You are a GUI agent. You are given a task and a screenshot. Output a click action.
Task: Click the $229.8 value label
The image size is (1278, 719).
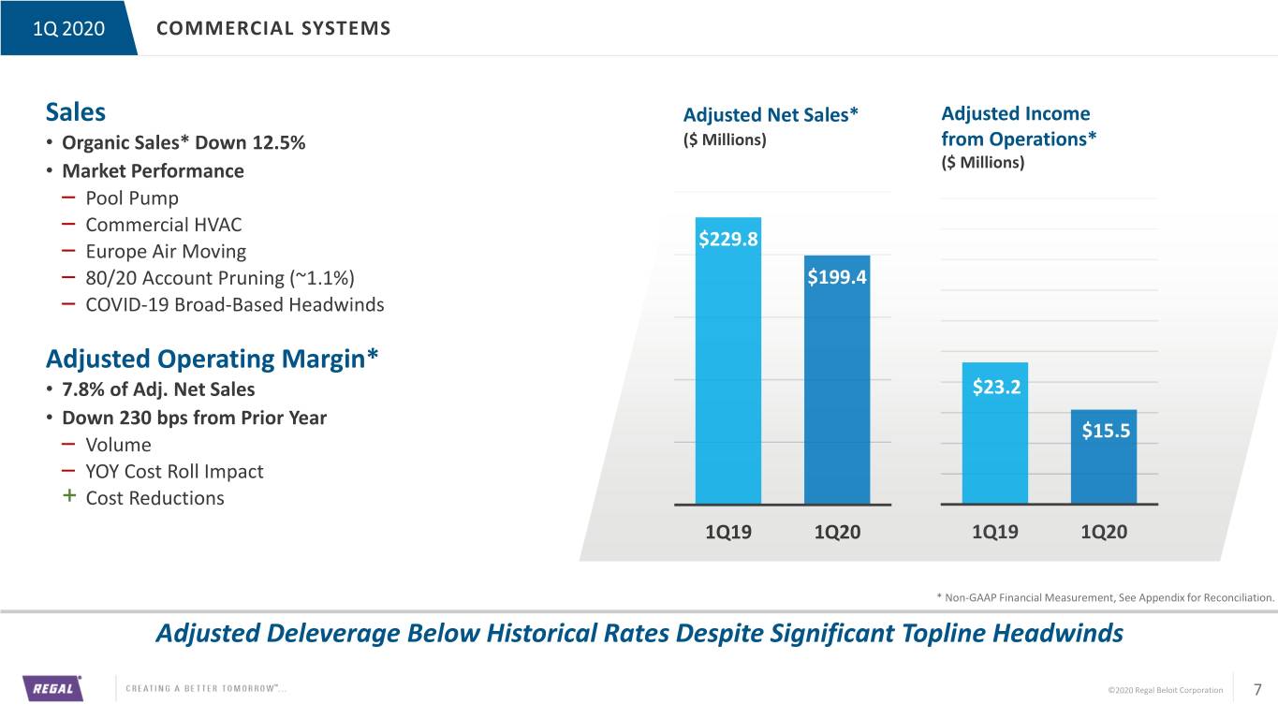tap(728, 239)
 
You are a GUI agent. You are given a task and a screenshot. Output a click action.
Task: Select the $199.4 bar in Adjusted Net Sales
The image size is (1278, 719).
tap(837, 379)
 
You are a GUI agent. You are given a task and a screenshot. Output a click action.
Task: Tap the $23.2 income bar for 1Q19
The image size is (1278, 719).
tap(995, 433)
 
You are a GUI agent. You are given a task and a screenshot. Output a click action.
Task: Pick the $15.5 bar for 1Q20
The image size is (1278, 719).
tap(1104, 457)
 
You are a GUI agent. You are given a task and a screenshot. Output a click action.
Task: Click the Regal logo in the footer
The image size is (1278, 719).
tap(52, 688)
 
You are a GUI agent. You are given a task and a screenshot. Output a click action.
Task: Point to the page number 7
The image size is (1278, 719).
tap(1256, 689)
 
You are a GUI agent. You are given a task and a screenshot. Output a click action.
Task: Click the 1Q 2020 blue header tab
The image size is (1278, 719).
tap(68, 28)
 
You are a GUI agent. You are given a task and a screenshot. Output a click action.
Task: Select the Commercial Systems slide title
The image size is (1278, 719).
tap(273, 28)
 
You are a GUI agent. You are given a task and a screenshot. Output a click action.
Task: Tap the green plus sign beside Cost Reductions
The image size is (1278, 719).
tap(69, 495)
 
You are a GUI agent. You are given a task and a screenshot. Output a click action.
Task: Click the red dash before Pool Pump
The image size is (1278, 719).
tap(68, 198)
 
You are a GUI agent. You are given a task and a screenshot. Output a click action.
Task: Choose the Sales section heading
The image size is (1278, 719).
tap(75, 111)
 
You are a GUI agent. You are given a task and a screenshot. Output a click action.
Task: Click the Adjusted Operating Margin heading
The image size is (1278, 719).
tap(212, 359)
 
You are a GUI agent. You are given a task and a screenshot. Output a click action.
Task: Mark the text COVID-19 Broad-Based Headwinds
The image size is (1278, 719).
tap(234, 304)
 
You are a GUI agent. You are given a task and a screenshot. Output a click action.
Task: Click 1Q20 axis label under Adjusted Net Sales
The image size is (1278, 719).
tap(837, 532)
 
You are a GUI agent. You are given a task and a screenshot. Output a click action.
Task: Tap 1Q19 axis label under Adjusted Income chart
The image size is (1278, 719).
tap(995, 532)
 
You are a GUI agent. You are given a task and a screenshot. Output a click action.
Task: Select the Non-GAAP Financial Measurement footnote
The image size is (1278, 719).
tap(1105, 597)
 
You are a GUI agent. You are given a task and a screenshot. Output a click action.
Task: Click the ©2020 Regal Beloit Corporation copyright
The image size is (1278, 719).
tap(1165, 690)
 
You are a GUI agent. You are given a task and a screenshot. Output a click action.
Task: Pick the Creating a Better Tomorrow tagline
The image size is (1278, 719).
tap(206, 689)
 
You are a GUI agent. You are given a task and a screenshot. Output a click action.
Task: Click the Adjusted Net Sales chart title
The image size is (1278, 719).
tap(771, 115)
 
